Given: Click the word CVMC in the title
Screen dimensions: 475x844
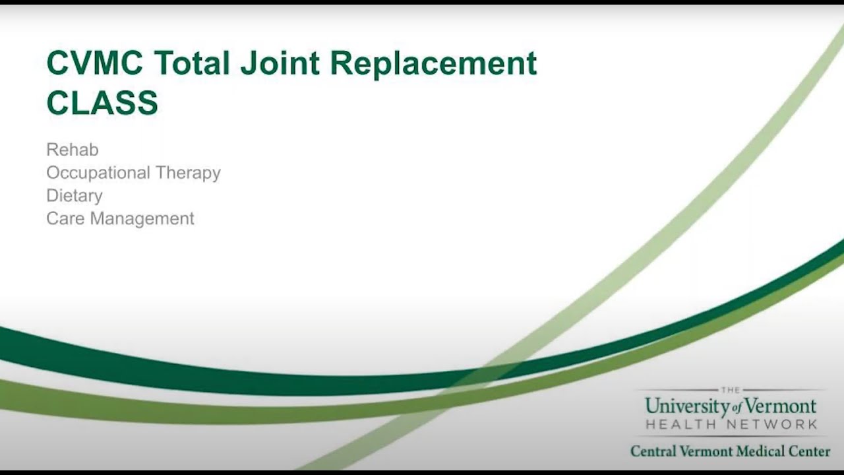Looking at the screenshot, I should click(94, 64).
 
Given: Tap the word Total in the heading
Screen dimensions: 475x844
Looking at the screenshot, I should click(192, 64).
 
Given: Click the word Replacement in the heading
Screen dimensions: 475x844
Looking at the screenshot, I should click(433, 64).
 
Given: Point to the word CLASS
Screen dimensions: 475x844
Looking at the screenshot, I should click(102, 103).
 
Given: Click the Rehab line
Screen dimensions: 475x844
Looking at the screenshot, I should click(73, 150).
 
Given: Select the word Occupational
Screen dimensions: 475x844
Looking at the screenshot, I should click(98, 173).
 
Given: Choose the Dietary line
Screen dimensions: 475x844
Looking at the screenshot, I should click(75, 196).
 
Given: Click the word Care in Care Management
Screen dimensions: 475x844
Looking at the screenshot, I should click(65, 218).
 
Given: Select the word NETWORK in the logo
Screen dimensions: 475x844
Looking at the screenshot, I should click(773, 425).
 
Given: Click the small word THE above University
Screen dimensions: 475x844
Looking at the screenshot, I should click(731, 390).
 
